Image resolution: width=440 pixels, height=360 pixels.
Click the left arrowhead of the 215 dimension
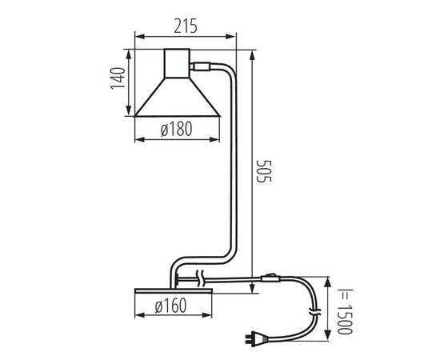pyautogui.click(x=136, y=35)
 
